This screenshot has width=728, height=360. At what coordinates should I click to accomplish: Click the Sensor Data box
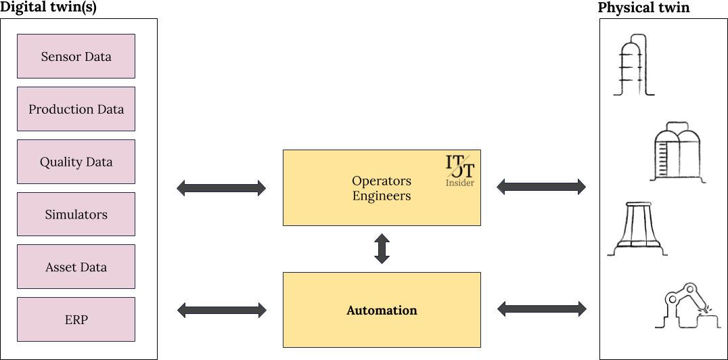click(76, 56)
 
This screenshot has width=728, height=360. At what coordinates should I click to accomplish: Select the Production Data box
click(76, 109)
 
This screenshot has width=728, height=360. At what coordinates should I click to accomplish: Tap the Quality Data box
click(76, 162)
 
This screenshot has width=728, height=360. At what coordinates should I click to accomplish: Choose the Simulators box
click(76, 215)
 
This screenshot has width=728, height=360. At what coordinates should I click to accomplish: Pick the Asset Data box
click(76, 267)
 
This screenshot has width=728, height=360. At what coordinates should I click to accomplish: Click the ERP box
click(76, 319)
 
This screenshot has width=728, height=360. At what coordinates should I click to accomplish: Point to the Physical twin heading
click(643, 8)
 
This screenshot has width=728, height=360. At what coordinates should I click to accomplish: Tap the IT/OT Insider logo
click(460, 171)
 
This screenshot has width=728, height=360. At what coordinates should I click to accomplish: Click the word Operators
click(382, 181)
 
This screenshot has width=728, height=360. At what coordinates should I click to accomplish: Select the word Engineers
click(382, 196)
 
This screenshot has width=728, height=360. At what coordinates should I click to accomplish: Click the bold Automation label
click(382, 311)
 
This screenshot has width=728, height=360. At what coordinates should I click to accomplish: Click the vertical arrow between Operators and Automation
click(382, 249)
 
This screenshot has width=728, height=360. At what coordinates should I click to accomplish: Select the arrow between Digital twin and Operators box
click(221, 187)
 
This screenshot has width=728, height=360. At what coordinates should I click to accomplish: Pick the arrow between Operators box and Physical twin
click(541, 186)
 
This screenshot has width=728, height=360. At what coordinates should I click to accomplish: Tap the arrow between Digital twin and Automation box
click(221, 310)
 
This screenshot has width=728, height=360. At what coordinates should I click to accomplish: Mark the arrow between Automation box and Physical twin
click(541, 309)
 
